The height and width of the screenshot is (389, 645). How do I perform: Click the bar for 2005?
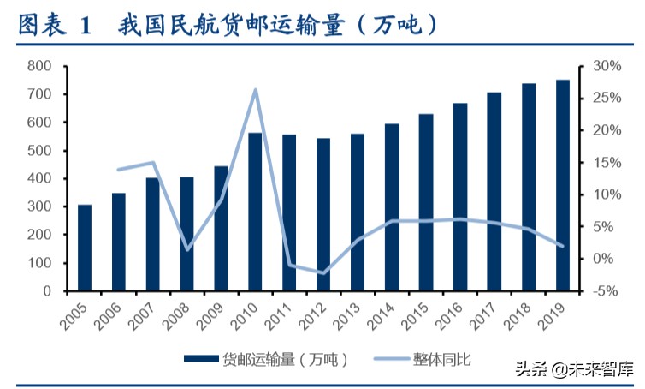click(x=85, y=248)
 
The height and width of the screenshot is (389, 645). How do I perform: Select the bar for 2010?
click(x=255, y=212)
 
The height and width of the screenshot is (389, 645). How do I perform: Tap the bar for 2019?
click(x=562, y=185)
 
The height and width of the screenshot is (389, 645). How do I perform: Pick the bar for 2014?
click(x=392, y=207)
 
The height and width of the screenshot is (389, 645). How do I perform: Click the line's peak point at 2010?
click(x=256, y=90)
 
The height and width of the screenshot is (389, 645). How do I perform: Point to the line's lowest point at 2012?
click(x=323, y=273)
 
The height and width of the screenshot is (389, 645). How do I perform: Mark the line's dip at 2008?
click(x=187, y=249)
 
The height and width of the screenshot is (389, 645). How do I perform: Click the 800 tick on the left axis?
click(x=39, y=66)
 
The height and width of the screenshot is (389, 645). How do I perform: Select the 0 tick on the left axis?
click(x=48, y=291)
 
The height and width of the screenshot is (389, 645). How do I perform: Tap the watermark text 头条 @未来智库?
click(x=573, y=369)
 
